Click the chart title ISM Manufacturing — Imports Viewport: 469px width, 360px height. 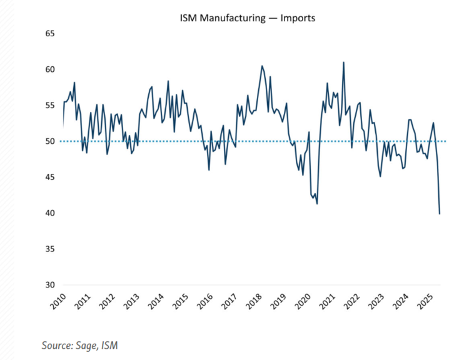[x=247, y=18]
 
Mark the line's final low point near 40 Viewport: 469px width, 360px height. [x=440, y=214]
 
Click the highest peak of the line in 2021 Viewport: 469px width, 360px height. [x=344, y=62]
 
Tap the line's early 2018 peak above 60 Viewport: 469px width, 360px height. [x=262, y=66]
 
